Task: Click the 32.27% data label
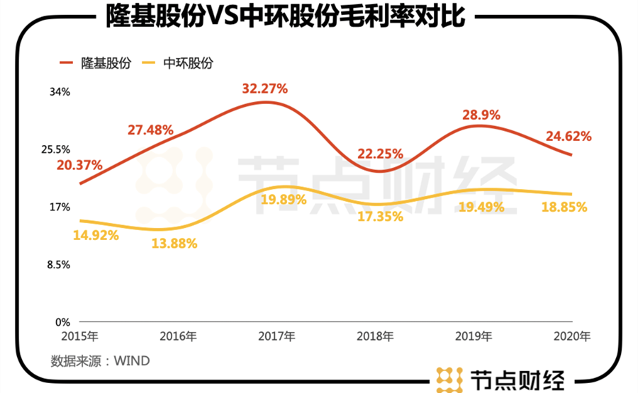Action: pos(264,89)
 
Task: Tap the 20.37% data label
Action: pos(80,165)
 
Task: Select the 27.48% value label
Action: pos(151,130)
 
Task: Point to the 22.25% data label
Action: pos(380,153)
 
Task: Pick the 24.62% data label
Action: pos(568,136)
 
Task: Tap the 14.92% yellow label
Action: pos(96,236)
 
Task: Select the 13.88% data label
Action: pos(174,244)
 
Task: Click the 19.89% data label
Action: pos(284,200)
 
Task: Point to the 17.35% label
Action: pos(380,217)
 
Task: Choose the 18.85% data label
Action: pos(564,207)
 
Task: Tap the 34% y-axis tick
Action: pos(60,92)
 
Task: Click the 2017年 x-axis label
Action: pos(279,336)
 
